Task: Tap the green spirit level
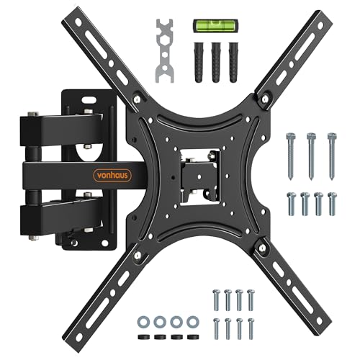click(215, 24)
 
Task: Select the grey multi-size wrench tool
click(165, 51)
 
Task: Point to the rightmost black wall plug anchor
click(233, 63)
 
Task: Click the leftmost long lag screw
click(291, 156)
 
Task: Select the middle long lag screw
click(311, 156)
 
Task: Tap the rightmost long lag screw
click(332, 156)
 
